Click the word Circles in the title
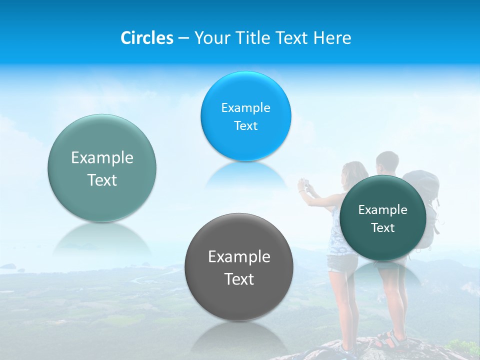147,38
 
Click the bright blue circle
245,116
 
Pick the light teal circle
102,168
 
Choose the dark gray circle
238,266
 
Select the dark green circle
383,218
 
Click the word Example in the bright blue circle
245,108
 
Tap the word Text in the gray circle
239,279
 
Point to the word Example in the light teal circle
102,158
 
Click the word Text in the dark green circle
383,228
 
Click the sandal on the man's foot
392,340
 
